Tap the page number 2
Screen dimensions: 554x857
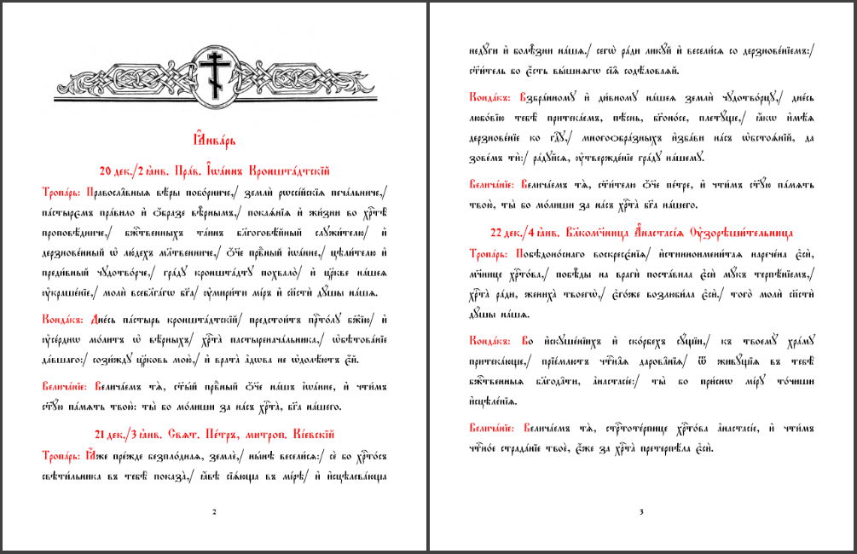pos(213,511)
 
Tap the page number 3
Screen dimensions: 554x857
pos(641,511)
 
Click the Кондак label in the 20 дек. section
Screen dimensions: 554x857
pos(61,318)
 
